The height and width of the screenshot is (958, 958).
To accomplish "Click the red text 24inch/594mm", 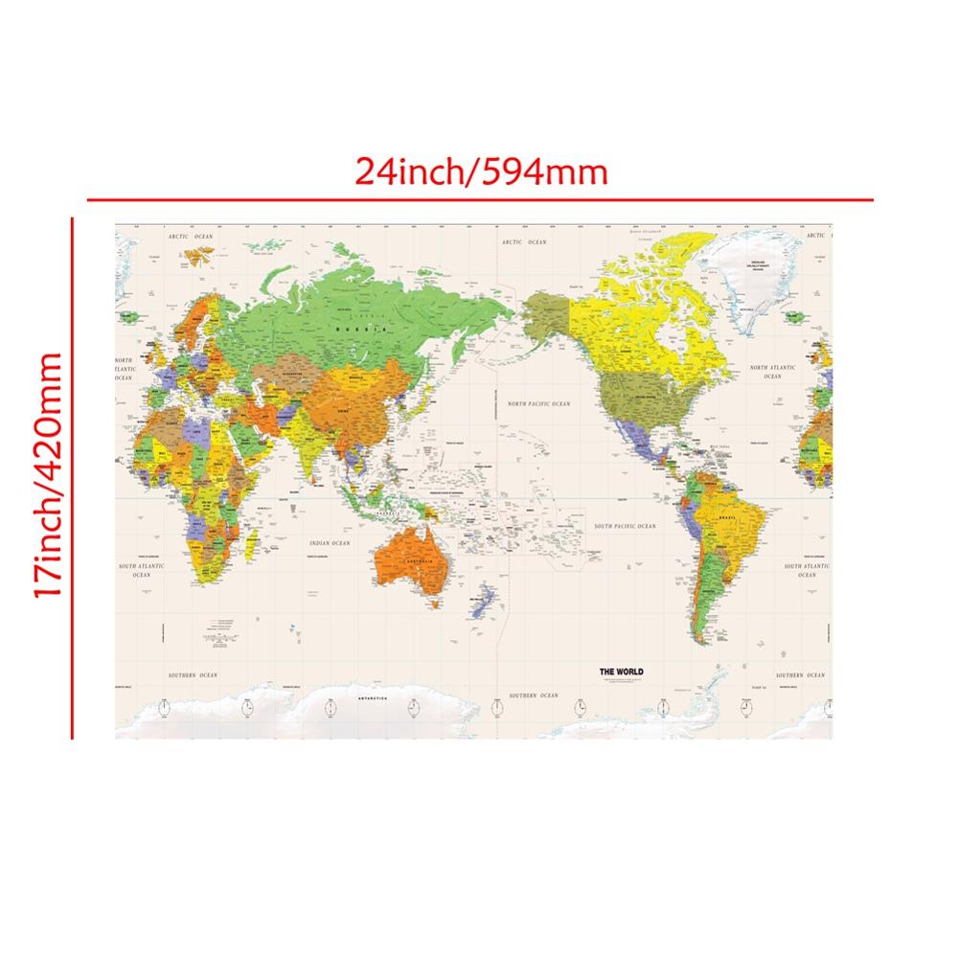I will pyautogui.click(x=481, y=172).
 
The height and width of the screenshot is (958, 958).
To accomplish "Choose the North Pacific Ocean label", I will pyautogui.click(x=538, y=404).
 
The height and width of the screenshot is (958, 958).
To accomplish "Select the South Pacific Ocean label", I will pyautogui.click(x=625, y=527).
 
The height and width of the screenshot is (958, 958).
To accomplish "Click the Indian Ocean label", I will pyautogui.click(x=331, y=543).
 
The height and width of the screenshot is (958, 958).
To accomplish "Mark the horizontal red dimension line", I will pyautogui.click(x=479, y=199).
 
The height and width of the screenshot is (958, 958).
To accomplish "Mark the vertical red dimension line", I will pyautogui.click(x=72, y=479).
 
